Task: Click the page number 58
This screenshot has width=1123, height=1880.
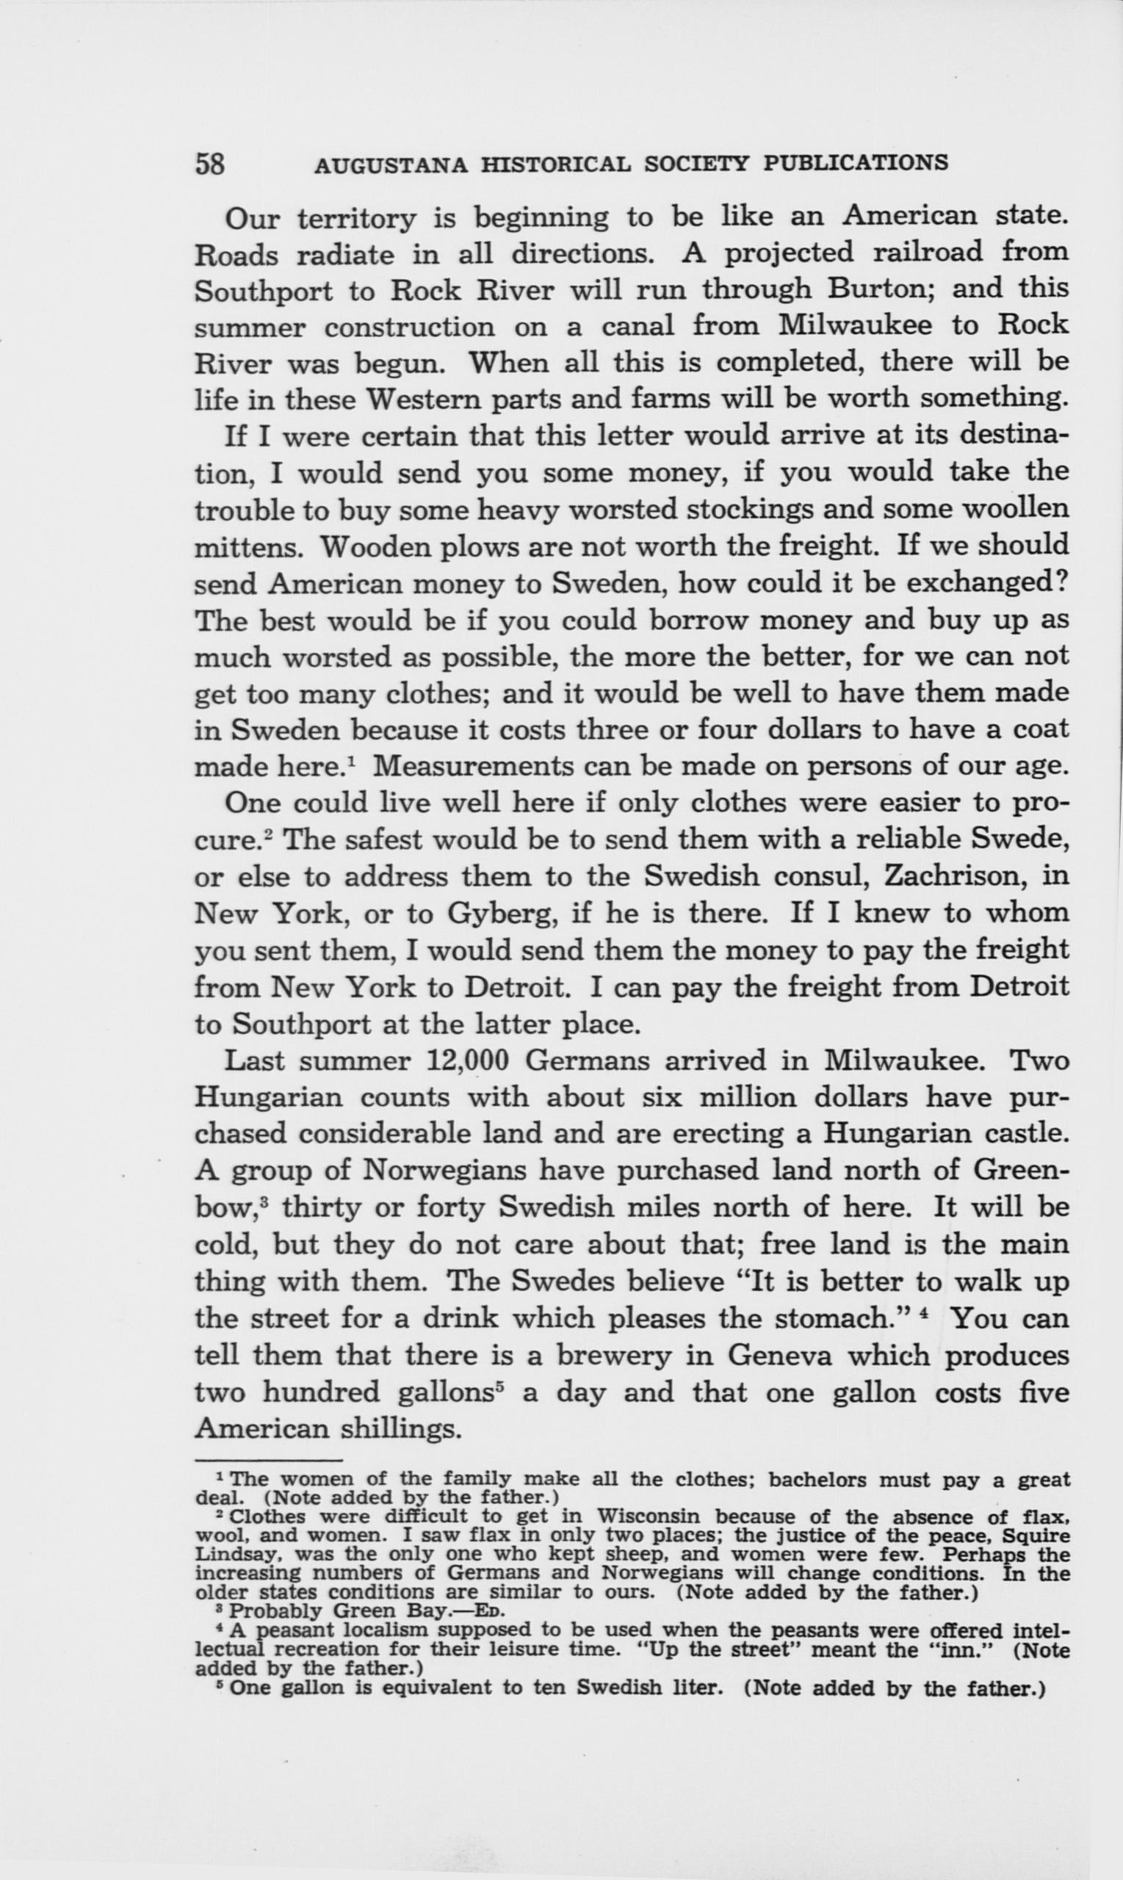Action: pyautogui.click(x=210, y=164)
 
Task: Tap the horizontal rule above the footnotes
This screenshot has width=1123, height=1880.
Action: pyautogui.click(x=269, y=1460)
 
